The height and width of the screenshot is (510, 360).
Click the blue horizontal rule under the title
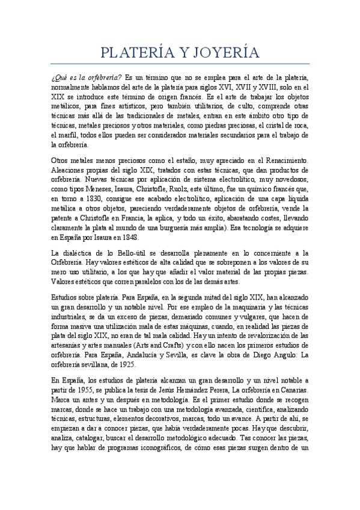(x=180, y=63)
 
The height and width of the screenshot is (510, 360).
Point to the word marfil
(x=66, y=135)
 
